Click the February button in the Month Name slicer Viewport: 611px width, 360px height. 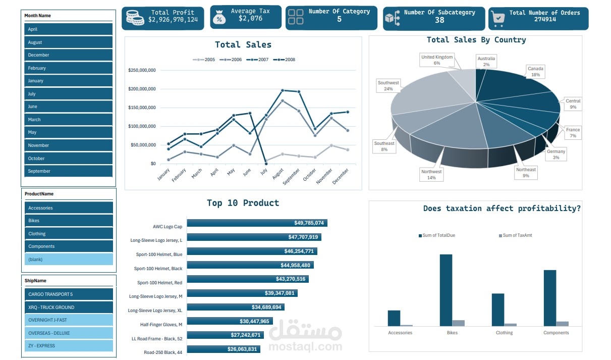(68, 68)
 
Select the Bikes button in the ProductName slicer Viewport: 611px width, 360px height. (68, 221)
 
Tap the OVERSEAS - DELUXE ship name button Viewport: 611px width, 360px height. (68, 333)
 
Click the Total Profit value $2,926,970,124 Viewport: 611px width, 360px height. (173, 20)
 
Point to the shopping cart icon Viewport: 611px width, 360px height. (498, 18)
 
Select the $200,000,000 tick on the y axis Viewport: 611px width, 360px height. (142, 89)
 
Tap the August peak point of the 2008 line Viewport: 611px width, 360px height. (283, 90)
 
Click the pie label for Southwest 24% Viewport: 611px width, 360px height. (388, 86)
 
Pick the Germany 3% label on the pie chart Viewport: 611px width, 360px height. (556, 155)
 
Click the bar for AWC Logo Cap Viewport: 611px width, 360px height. (257, 223)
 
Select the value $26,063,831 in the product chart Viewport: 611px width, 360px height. (242, 349)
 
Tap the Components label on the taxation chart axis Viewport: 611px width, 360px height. (556, 333)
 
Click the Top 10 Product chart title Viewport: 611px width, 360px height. (243, 203)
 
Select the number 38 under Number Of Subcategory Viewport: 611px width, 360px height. (439, 20)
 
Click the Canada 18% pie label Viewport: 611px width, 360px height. (535, 71)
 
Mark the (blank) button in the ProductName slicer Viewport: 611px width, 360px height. (68, 260)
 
